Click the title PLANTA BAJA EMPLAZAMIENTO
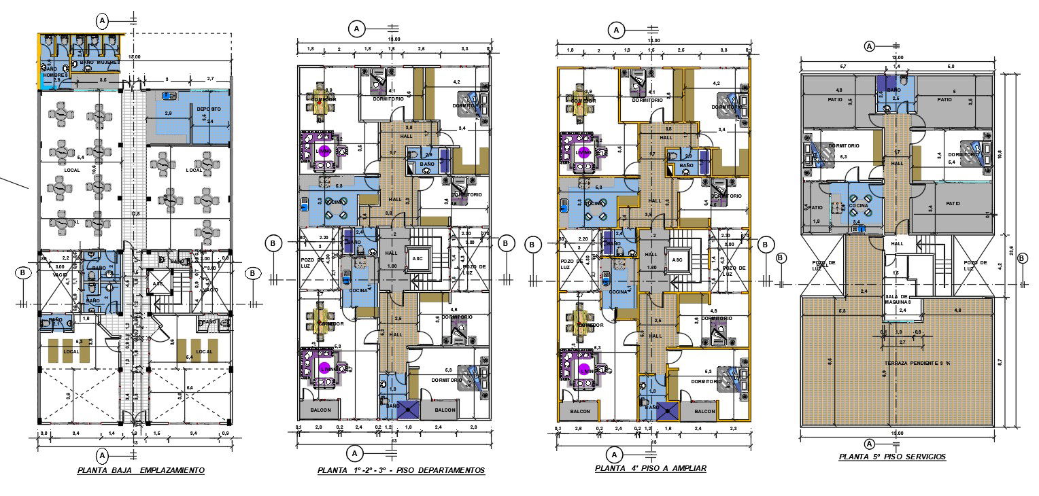(x=141, y=470)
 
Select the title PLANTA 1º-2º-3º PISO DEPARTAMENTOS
(x=401, y=470)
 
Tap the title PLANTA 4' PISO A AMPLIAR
(x=651, y=468)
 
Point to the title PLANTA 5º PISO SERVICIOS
(x=892, y=457)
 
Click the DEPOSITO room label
(x=209, y=109)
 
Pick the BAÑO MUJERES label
(x=100, y=63)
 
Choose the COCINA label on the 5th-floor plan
(x=857, y=205)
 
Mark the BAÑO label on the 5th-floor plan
(x=893, y=90)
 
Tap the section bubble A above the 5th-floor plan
(x=869, y=46)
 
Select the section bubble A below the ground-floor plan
(x=103, y=455)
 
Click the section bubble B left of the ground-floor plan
(x=23, y=273)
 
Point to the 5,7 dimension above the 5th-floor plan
(x=843, y=67)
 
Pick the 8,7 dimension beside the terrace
(x=998, y=364)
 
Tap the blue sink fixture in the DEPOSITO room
(x=169, y=96)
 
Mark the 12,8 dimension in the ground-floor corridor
(x=136, y=214)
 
